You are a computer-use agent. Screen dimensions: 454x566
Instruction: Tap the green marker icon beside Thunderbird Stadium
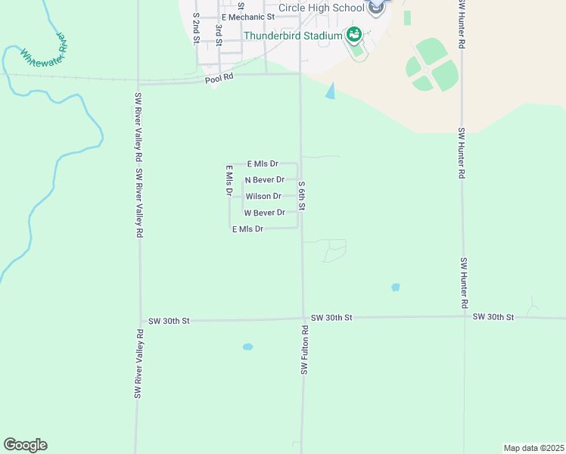point(353,35)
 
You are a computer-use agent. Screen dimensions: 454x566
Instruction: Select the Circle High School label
point(320,8)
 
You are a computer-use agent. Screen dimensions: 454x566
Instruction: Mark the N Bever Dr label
point(264,180)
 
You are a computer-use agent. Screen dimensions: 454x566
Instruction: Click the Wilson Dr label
point(263,197)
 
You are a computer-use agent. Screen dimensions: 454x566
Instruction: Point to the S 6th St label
point(301,196)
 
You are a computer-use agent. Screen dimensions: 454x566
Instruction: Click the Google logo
point(25,445)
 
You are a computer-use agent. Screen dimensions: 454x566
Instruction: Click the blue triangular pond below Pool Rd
point(329,92)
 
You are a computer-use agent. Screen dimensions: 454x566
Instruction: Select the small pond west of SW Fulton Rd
point(247,347)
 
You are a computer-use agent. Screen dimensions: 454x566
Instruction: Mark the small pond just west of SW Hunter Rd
point(395,288)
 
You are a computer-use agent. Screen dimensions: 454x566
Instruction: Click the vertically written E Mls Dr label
point(228,181)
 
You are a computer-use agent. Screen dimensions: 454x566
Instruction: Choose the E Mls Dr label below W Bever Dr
point(247,229)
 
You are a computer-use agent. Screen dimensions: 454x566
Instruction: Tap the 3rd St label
point(218,34)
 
